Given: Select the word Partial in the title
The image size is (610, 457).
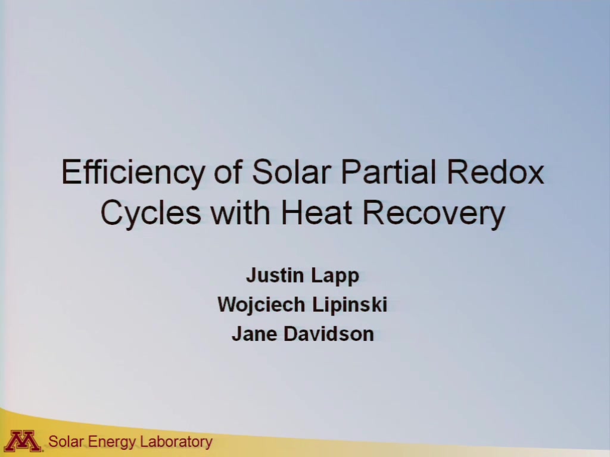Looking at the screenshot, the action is (x=388, y=171).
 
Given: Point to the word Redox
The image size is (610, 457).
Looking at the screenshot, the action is (x=495, y=171).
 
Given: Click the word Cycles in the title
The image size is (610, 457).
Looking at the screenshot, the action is (x=151, y=214).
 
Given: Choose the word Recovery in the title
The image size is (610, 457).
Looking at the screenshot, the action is (x=434, y=214).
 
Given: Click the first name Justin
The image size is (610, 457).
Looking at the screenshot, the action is (x=275, y=275).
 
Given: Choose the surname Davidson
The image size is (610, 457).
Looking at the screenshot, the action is (x=329, y=334).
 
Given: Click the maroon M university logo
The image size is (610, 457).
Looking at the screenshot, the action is (x=24, y=441).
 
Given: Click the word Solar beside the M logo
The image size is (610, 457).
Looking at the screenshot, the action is (x=66, y=442).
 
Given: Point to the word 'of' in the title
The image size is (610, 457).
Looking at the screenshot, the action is (x=228, y=171).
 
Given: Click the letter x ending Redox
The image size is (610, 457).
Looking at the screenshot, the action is (x=536, y=176).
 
